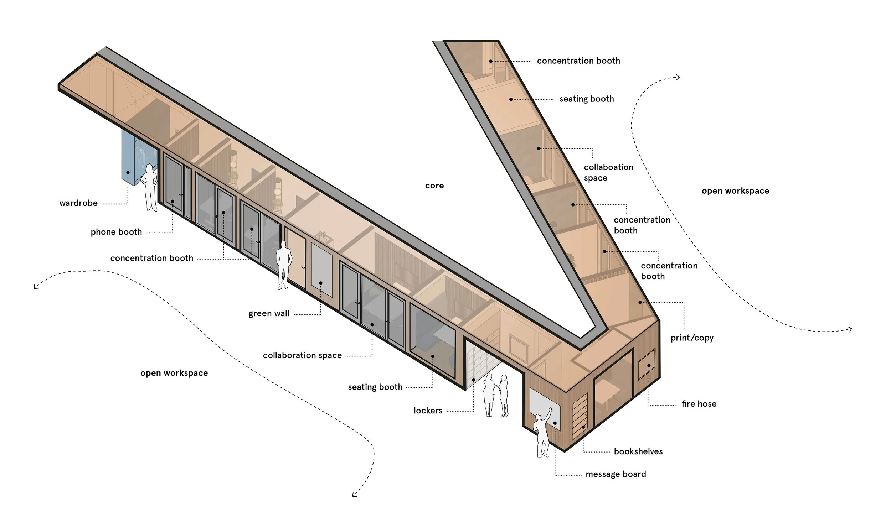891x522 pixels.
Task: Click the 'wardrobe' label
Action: click(78, 203)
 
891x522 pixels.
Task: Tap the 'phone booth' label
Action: click(116, 232)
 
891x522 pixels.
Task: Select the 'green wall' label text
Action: click(269, 314)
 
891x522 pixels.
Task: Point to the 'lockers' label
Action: click(428, 411)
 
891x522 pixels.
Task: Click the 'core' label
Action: click(434, 186)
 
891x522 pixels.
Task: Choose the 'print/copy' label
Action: click(692, 338)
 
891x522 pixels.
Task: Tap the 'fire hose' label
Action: click(699, 404)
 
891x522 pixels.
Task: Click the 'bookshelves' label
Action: click(638, 451)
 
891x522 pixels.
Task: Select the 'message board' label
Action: click(616, 474)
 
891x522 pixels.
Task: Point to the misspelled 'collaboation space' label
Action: click(608, 172)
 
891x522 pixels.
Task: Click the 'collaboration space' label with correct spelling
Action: click(302, 355)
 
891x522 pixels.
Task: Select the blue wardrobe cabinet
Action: click(129, 157)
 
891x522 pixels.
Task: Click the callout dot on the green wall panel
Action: click(321, 283)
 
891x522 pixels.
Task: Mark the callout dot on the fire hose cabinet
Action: click(649, 366)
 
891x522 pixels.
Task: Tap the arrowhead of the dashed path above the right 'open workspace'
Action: click(678, 77)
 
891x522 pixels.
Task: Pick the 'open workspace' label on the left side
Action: click(174, 373)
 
